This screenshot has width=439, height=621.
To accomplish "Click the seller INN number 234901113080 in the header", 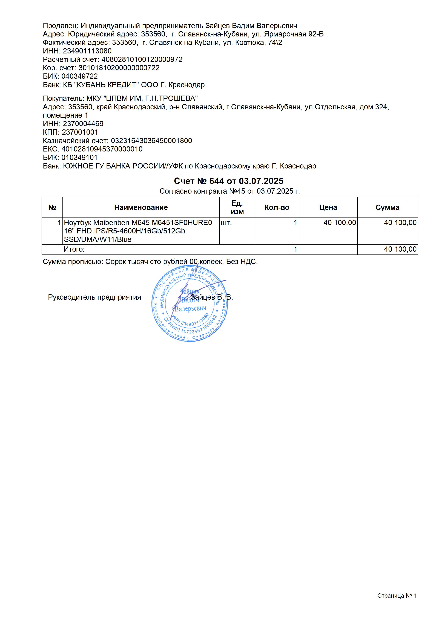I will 87,51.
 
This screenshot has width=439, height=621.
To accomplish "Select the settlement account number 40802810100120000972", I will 142,59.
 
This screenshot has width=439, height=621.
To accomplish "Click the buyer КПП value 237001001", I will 80,132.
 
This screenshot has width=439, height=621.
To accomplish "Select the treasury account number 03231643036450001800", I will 151,141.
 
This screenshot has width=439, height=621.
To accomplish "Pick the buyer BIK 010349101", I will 79,157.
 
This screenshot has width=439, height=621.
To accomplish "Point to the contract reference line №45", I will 230,191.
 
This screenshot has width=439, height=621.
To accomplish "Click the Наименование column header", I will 141,207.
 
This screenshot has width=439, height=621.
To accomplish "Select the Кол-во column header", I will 277,207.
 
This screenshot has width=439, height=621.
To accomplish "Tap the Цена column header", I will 328,207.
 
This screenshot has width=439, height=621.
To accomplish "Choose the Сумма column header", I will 387,207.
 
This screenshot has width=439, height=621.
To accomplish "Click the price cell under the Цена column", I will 340,223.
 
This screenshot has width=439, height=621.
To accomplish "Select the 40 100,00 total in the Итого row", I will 400,249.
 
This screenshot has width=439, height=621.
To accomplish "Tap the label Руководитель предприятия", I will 94,297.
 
